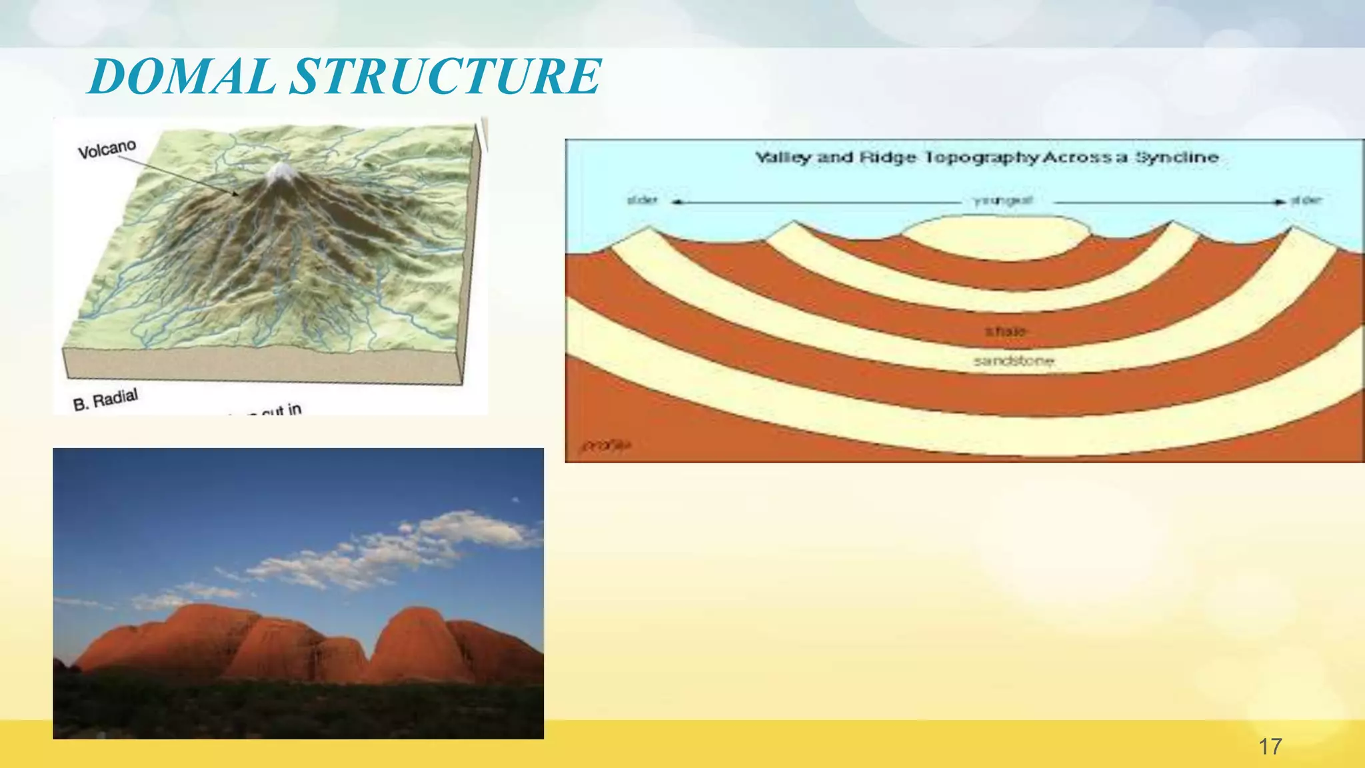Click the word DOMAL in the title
181,76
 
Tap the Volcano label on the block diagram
107,150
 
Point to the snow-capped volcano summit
279,173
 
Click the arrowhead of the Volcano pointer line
237,194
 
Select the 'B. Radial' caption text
105,400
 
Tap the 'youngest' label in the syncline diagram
1002,201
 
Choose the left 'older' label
643,200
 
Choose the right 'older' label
1306,200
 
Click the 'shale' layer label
1005,331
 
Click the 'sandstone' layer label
1013,361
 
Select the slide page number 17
1270,746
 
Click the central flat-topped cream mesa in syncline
996,237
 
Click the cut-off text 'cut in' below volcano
280,409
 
